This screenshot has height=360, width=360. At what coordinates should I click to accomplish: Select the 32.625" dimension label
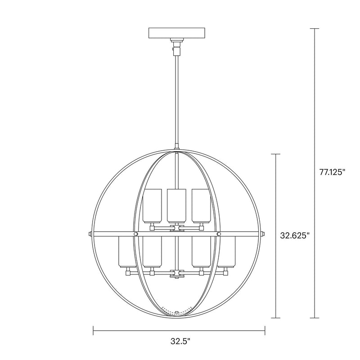click(x=295, y=234)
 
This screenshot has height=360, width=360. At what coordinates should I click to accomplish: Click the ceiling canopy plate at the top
click(x=177, y=34)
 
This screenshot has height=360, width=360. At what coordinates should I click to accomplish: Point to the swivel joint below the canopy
click(x=177, y=45)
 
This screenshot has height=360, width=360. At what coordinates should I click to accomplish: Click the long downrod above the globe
click(x=177, y=99)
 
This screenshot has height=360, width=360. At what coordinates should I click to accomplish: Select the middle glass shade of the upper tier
click(x=177, y=206)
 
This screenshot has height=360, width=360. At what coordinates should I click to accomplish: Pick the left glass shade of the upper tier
click(x=152, y=206)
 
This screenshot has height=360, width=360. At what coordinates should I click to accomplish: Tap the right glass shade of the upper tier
click(x=201, y=206)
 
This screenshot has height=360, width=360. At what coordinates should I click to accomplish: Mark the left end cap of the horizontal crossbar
click(x=90, y=234)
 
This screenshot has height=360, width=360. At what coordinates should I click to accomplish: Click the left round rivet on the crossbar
click(x=136, y=234)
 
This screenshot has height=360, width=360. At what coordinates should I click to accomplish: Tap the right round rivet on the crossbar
click(x=219, y=234)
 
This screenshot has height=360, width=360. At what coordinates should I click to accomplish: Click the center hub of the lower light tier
click(x=177, y=273)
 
